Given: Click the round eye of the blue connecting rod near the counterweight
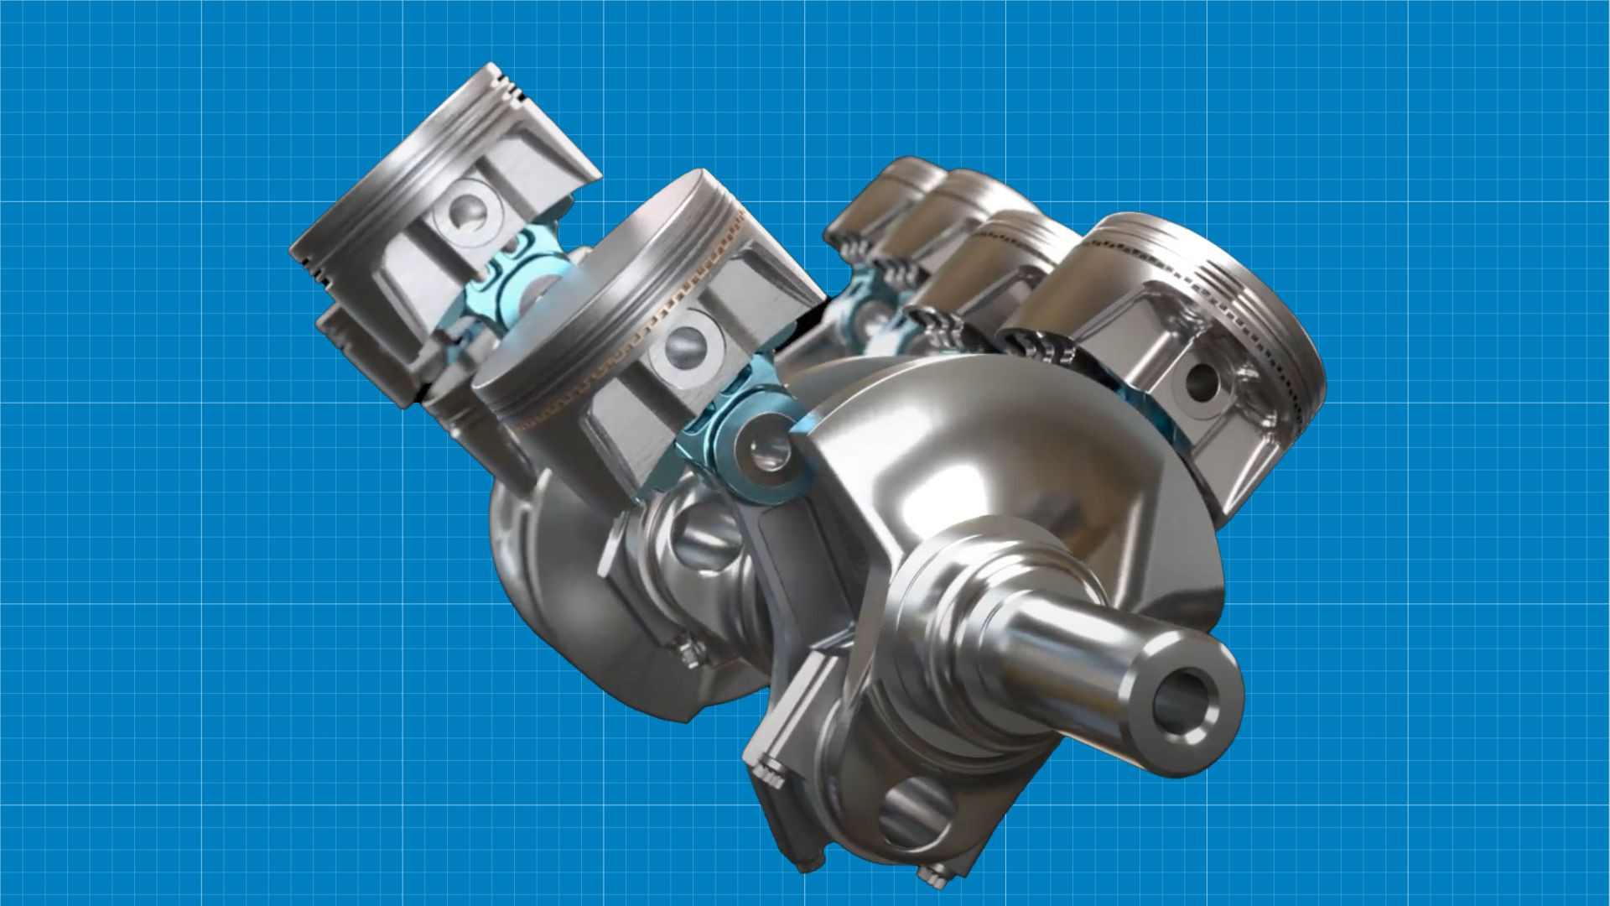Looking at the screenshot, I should [764, 454].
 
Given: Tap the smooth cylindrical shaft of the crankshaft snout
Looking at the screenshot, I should [1082, 638].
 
